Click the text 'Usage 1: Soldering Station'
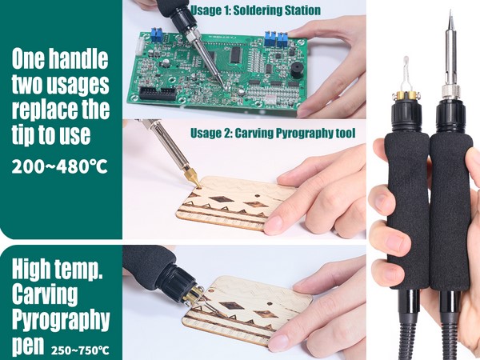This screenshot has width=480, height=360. [x=256, y=10]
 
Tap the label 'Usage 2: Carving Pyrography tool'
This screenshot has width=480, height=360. [x=273, y=133]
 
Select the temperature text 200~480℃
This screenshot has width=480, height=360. [x=60, y=167]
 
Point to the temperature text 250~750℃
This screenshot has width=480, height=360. [x=80, y=350]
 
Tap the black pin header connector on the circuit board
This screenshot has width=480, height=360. [x=158, y=93]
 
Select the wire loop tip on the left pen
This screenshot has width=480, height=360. [x=406, y=74]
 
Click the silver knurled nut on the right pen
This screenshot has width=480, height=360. [x=450, y=91]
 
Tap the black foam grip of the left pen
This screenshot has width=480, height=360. [x=407, y=211]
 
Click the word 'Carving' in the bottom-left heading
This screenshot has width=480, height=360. [x=45, y=294]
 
